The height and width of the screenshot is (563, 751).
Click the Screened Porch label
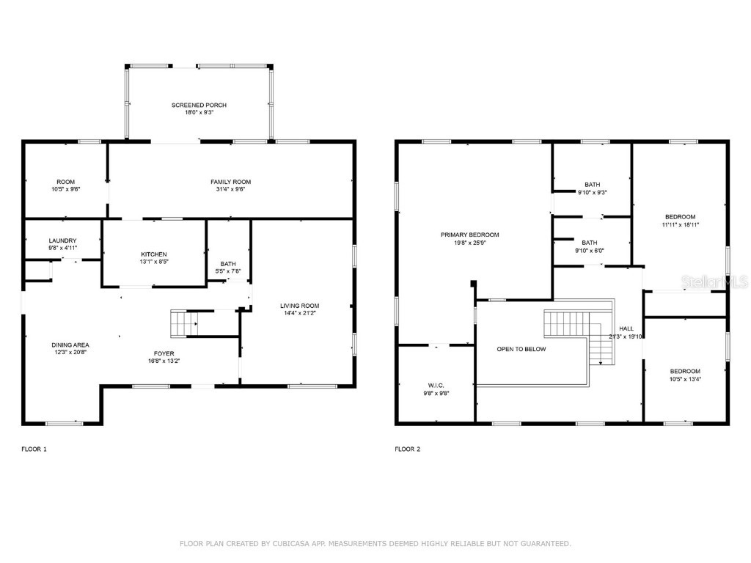point(199,106)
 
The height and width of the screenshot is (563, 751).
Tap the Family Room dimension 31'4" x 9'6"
point(230,189)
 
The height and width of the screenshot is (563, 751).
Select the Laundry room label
point(63,240)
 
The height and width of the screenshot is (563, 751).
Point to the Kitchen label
point(154,254)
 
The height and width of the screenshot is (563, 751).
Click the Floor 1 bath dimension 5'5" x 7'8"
point(228,271)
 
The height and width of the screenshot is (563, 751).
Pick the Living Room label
point(299,306)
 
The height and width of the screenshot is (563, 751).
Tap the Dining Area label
point(70,345)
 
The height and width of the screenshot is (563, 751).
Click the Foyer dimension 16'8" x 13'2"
point(164,361)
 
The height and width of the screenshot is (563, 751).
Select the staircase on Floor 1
point(185,323)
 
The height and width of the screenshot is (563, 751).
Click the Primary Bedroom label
point(469,235)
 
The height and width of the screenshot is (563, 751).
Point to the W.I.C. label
point(436,386)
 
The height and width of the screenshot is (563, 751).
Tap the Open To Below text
point(521,349)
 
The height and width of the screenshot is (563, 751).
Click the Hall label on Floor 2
point(626,328)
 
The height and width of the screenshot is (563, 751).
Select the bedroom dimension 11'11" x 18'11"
point(681,224)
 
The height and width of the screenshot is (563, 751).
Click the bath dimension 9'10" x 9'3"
point(592,193)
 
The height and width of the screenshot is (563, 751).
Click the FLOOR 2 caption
point(408,449)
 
